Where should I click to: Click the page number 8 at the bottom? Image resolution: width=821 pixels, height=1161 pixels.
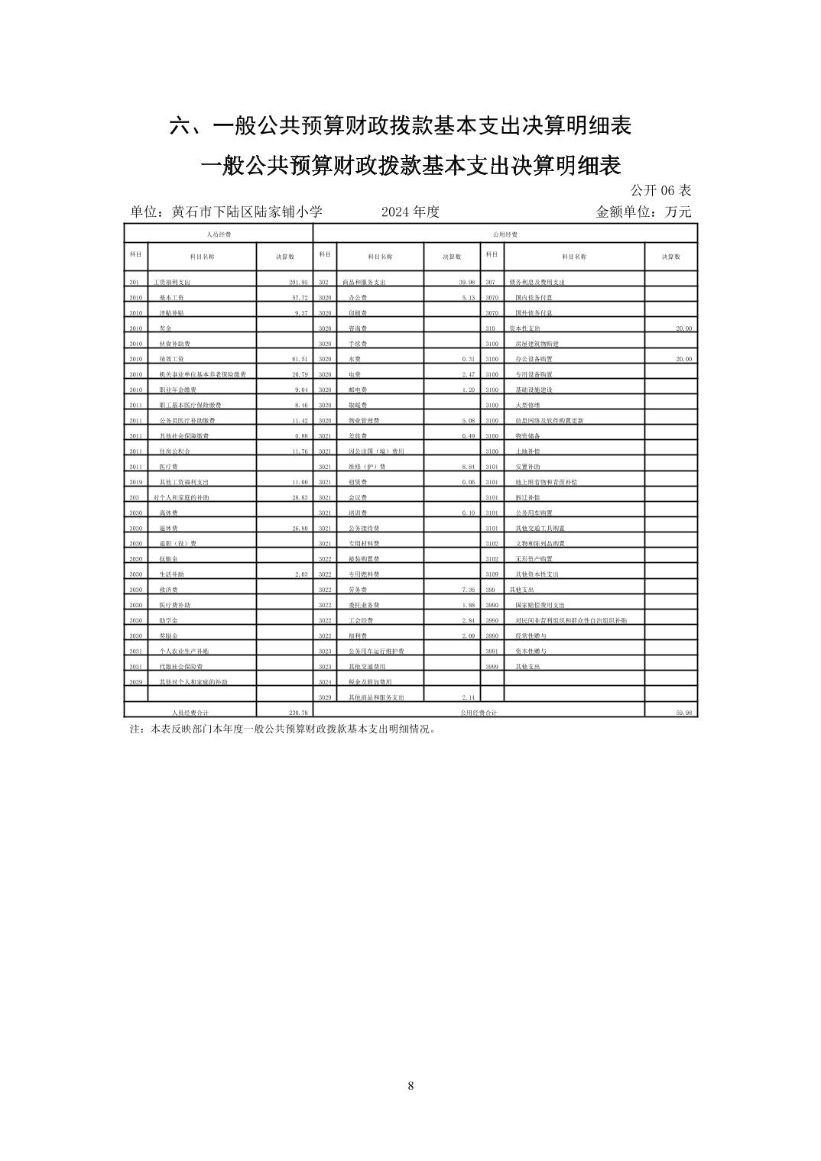point(411,1086)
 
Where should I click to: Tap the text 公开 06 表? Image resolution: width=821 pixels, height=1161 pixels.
point(660,190)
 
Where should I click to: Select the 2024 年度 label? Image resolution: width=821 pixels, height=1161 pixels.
point(411,212)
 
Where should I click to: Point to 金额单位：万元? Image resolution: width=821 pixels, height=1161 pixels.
point(643,212)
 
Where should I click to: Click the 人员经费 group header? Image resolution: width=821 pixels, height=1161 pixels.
point(219,234)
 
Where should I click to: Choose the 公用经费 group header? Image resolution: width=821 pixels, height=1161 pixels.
point(505,234)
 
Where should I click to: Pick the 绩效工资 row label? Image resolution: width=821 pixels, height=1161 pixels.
point(170,359)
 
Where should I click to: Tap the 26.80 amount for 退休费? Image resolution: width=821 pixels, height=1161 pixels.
point(299,528)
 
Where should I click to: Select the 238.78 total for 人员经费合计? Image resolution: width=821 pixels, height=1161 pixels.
point(298,712)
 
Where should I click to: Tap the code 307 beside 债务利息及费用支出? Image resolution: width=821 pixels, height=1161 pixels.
point(491,282)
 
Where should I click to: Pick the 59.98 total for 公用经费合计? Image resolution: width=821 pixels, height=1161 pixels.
point(683,712)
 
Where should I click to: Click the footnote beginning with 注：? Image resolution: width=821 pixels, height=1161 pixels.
point(283,729)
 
